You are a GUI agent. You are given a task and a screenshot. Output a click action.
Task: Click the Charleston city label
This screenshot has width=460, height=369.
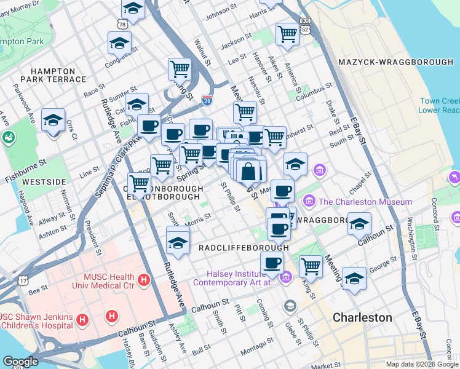[362, 317]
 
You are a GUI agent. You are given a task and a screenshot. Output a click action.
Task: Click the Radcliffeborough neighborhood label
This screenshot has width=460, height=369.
[244, 247]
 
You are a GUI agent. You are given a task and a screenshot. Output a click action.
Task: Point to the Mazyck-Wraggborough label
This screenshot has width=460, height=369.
[395, 63]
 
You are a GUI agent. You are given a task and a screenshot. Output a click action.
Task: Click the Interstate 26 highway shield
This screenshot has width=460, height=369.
[207, 100]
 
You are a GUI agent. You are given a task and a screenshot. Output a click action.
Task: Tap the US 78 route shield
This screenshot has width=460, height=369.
[122, 23]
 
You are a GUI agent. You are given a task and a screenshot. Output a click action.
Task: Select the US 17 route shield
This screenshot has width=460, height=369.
[23, 280]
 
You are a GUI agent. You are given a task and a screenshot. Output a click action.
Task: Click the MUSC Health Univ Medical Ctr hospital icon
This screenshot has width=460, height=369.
[144, 280]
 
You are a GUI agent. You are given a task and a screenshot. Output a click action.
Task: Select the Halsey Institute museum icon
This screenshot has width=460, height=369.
[285, 279]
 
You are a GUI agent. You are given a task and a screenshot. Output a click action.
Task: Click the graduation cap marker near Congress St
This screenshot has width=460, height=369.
[119, 43]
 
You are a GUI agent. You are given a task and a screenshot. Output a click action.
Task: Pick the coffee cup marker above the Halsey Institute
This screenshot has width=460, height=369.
[272, 263]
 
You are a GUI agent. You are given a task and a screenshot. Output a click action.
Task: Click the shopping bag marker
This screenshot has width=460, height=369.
[248, 172]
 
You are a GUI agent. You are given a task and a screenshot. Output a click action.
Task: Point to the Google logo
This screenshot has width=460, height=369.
[20, 362]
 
